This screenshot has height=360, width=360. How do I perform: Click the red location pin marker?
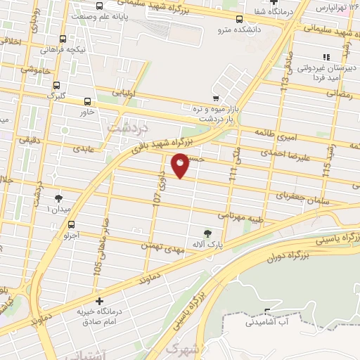pos(180,167)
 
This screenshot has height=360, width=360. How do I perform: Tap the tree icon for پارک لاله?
pos(207,233)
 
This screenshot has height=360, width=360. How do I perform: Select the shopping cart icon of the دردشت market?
pos(216,98)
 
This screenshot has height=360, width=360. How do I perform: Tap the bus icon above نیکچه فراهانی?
pos(63,39)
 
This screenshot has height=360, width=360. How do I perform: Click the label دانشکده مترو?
pos(240,30)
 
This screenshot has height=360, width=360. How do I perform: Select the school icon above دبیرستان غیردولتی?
pos(325,56)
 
